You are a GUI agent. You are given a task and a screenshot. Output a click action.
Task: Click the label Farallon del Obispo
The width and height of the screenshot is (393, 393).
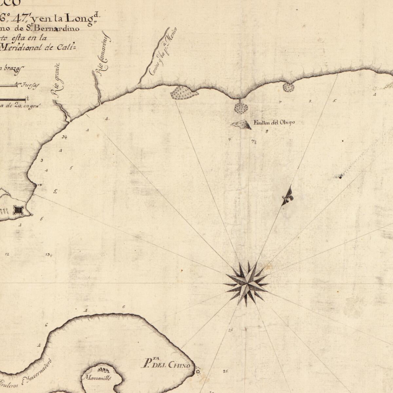click(274, 122)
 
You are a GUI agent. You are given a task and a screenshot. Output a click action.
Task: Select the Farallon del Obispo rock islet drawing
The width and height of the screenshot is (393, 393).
click(241, 124)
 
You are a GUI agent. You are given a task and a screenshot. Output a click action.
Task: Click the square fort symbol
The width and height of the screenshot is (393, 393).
click(18, 210)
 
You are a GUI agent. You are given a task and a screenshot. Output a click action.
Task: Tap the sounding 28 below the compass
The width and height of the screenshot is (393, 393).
click(231, 330)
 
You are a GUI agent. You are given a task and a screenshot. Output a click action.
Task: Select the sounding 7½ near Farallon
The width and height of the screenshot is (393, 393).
click(254, 142)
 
